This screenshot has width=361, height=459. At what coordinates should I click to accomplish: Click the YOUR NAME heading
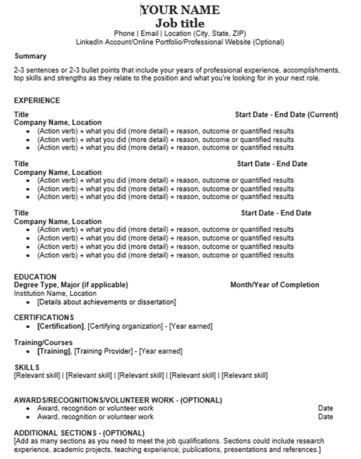coord(180,10)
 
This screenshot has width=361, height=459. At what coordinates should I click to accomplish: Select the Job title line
coord(180,23)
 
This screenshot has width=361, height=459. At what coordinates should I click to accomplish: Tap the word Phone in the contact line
coord(124,33)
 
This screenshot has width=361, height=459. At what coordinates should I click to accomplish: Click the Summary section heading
coord(30,56)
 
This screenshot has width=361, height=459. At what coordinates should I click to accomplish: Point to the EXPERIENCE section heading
coord(37,100)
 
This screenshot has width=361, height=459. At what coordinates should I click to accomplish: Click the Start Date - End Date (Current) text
coord(286,115)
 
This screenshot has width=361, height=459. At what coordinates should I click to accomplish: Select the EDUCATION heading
coord(35,276)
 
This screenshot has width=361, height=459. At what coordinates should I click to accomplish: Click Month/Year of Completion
coord(274,285)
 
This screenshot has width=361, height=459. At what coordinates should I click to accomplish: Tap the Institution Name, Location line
coord(55,293)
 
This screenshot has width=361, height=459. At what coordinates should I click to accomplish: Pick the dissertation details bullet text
coord(106,302)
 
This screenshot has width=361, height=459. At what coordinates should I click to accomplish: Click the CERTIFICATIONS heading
coord(44,317)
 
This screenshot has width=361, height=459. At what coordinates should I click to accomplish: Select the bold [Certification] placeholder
coord(60,326)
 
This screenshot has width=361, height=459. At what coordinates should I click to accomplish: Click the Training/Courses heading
coord(43,342)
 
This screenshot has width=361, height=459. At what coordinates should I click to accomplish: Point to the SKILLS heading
coord(27,367)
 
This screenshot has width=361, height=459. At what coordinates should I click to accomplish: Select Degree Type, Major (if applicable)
coord(71,285)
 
